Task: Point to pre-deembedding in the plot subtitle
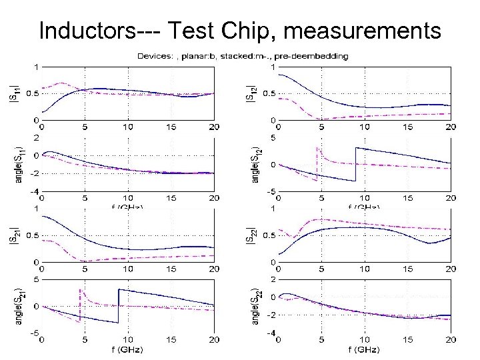coord(313,57)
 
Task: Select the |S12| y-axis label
coord(251,93)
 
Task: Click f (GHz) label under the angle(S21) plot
coord(127,349)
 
